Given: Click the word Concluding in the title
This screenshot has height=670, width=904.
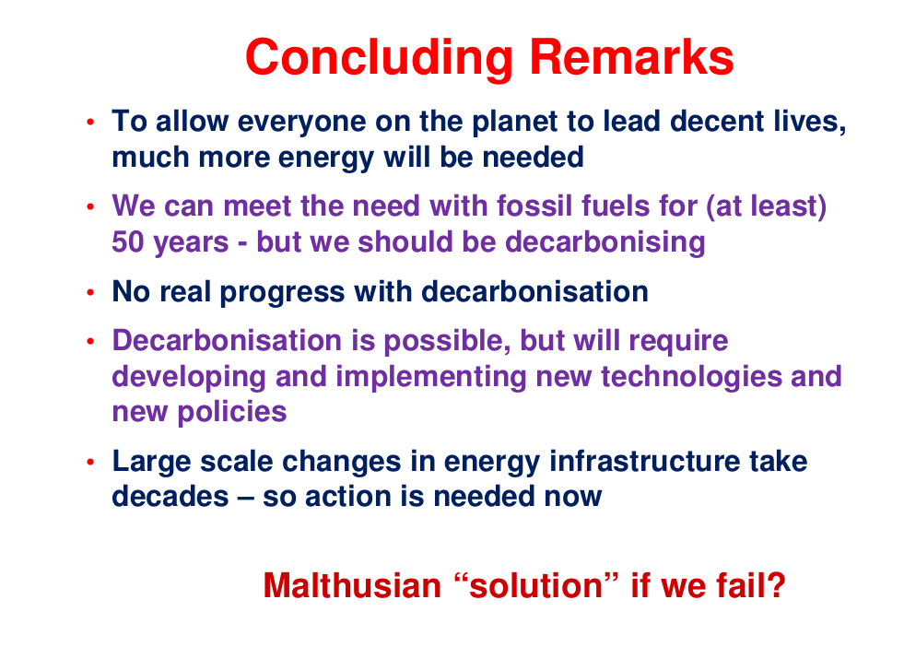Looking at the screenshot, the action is (x=379, y=58).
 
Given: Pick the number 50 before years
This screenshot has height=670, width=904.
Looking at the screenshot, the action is (x=127, y=241).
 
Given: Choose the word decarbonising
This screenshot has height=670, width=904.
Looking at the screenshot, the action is (x=605, y=242).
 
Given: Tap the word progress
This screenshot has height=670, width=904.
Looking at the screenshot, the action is (x=282, y=292).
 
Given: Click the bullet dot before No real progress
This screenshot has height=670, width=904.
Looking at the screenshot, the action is (x=90, y=292).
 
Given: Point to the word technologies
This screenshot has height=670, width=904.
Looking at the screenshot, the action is (x=691, y=377).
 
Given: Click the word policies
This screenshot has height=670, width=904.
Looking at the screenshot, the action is (x=232, y=412).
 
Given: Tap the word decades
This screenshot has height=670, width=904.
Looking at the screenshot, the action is (x=170, y=497).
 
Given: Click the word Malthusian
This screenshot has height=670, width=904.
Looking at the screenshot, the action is (x=352, y=586).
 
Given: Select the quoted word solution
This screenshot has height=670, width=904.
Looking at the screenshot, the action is (x=536, y=586).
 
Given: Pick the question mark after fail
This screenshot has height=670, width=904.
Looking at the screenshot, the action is (x=777, y=585).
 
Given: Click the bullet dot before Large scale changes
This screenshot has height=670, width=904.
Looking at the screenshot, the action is (x=90, y=462).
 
